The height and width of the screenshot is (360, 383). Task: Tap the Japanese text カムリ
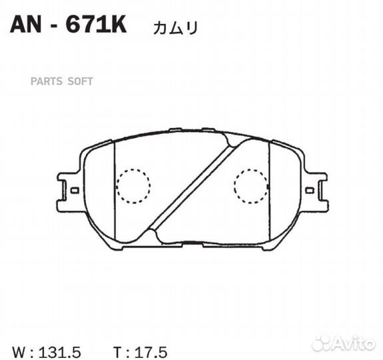pyautogui.click(x=175, y=27)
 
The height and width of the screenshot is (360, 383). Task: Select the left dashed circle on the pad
pyautogui.click(x=133, y=185)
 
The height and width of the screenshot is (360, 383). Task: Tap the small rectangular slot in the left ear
pyautogui.click(x=75, y=190)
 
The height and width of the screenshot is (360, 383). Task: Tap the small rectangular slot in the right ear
pyautogui.click(x=310, y=190)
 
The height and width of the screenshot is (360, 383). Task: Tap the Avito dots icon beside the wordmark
pyautogui.click(x=321, y=343)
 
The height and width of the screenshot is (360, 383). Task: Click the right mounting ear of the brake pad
pyautogui.click(x=314, y=191)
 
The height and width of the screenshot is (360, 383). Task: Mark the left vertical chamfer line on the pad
pyautogui.click(x=115, y=193)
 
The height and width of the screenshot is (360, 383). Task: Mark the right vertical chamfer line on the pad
pyautogui.click(x=270, y=193)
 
